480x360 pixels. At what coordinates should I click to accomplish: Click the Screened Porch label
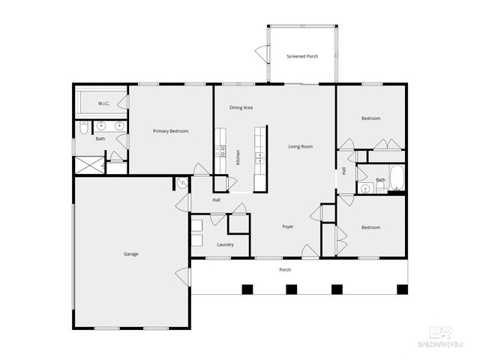click(x=303, y=57)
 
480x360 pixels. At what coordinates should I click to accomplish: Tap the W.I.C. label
click(x=103, y=103)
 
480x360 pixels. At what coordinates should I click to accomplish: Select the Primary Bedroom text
click(x=170, y=131)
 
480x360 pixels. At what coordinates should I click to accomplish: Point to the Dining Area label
click(x=241, y=107)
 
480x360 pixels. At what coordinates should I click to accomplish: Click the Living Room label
click(x=300, y=146)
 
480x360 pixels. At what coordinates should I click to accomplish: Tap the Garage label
click(x=130, y=253)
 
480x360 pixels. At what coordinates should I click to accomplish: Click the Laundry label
click(x=225, y=244)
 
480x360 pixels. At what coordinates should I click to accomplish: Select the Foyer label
click(x=287, y=226)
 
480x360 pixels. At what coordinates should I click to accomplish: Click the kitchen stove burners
click(x=220, y=149)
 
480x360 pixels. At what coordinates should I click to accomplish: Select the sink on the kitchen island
click(x=259, y=157)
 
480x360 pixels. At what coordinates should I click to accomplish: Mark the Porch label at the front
click(x=285, y=270)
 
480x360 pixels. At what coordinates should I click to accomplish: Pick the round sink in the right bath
click(x=364, y=187)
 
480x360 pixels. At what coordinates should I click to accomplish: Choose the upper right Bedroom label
click(x=370, y=118)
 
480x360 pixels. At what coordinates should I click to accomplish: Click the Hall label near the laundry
click(x=216, y=200)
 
